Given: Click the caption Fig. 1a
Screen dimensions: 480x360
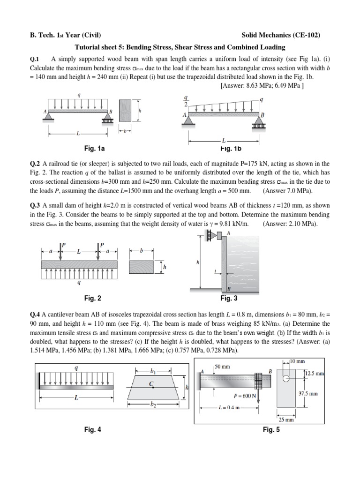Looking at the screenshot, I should pyautogui.click(x=94, y=149).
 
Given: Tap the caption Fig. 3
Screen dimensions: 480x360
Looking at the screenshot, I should pyautogui.click(x=229, y=298).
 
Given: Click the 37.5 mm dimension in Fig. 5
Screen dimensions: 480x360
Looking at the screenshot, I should pyautogui.click(x=308, y=394).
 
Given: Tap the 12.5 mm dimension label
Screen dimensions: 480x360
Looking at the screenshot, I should pyautogui.click(x=313, y=374).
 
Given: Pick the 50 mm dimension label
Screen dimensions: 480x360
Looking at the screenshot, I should pyautogui.click(x=222, y=367).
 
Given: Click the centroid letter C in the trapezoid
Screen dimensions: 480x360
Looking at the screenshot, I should pyautogui.click(x=151, y=383).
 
